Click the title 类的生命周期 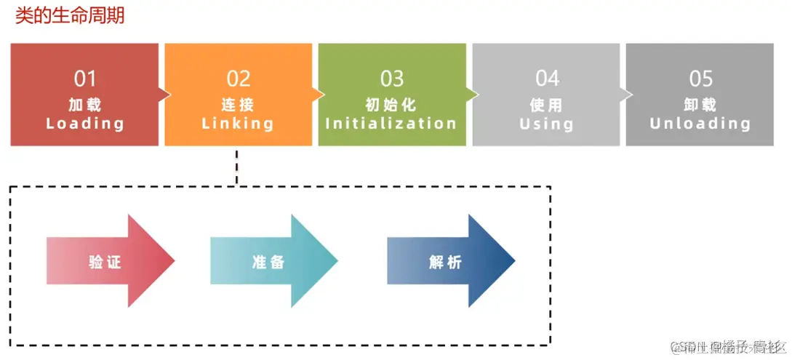point(70,15)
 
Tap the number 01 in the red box point(85,79)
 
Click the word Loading point(85,124)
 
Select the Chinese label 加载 point(85,105)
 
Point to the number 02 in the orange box point(239,79)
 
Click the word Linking point(238,124)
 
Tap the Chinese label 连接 point(238,105)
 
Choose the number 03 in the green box point(392,79)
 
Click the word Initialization point(391,124)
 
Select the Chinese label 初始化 point(391,105)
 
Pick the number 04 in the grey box point(547,79)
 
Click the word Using point(546,124)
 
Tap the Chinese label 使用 point(546,105)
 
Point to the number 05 point(701,79)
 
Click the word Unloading point(700,124)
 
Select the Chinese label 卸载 point(700,105)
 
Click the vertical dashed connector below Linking point(237,167)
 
